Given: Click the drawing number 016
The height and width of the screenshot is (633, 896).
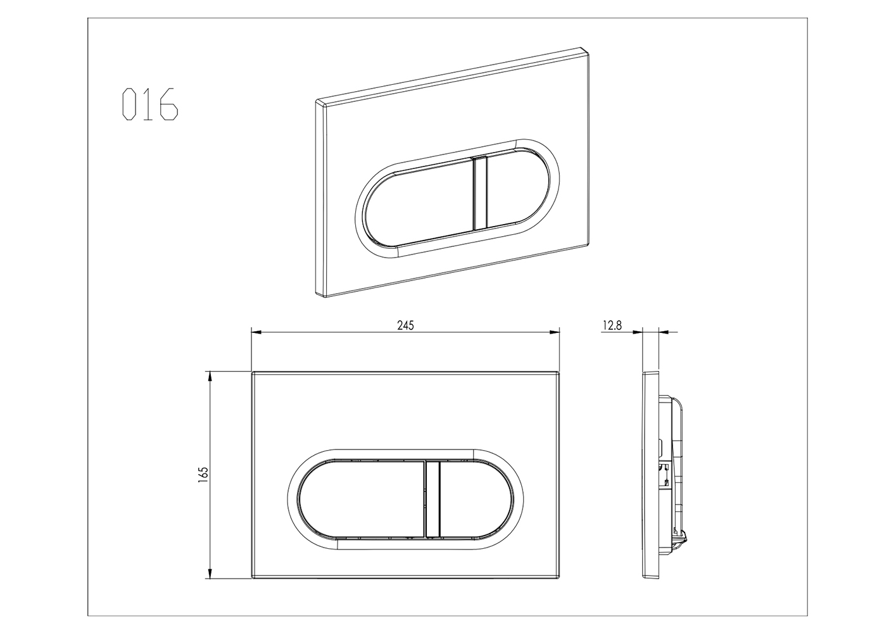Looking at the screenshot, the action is [x=150, y=104].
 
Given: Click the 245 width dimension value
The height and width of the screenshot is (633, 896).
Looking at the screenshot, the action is [x=405, y=325].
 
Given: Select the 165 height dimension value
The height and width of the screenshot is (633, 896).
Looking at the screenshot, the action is [x=203, y=475].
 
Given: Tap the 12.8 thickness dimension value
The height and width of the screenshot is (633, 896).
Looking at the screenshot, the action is [x=612, y=325].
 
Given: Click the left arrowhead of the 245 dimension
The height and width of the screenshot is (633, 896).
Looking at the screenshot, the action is [x=256, y=332].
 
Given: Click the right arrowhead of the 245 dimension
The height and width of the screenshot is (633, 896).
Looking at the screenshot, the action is [x=555, y=332].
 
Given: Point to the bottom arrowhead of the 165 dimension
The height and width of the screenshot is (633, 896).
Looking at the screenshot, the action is [x=209, y=573].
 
